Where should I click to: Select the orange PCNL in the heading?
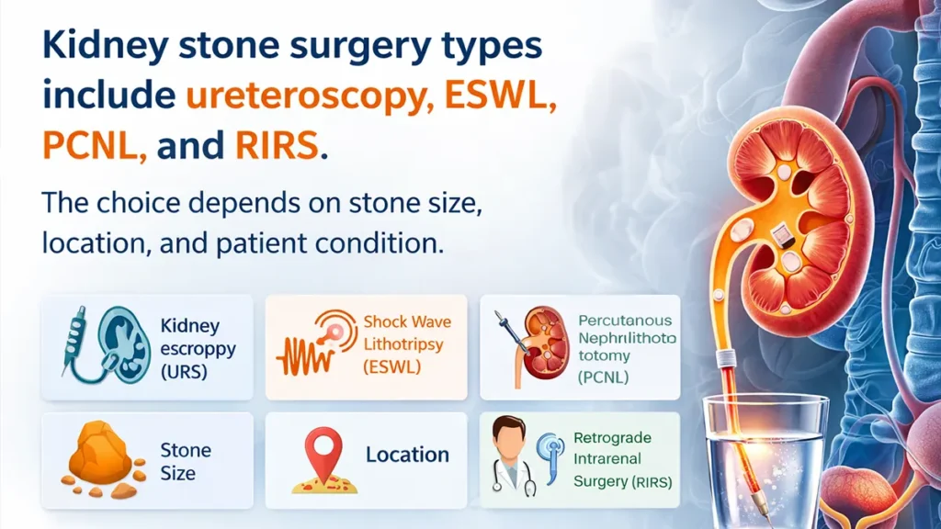(x=93, y=147)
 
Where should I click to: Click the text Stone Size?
(x=185, y=462)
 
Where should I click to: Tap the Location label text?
(x=407, y=455)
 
